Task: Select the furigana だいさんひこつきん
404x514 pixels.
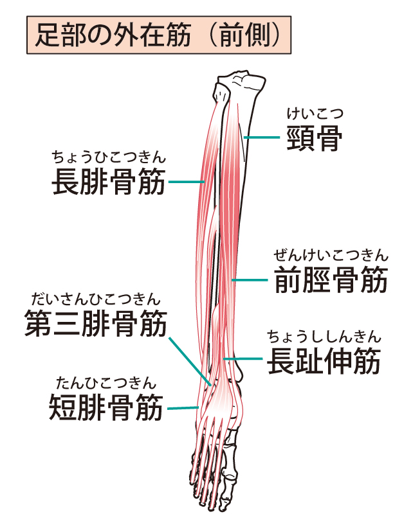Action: tap(95, 299)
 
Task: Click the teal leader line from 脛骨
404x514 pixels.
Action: tap(264, 137)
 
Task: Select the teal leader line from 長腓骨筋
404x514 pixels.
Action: tap(187, 182)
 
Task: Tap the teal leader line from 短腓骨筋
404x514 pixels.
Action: tap(182, 407)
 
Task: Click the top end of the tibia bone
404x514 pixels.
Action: tap(241, 82)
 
